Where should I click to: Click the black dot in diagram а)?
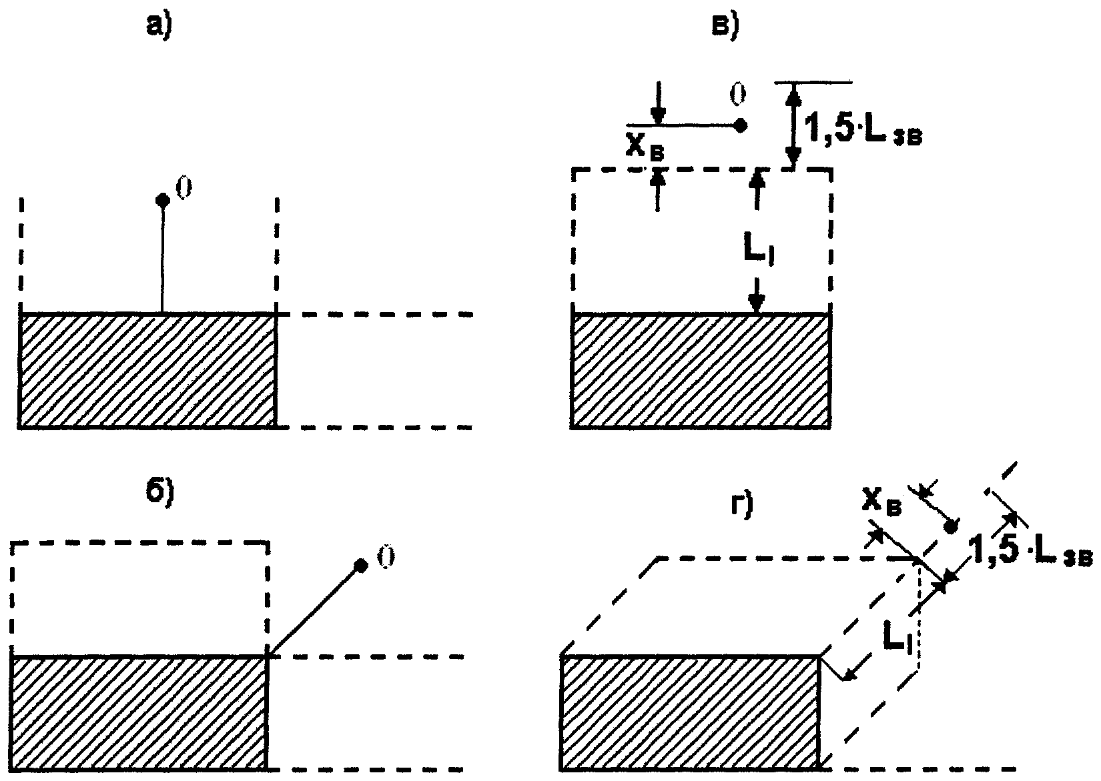click(x=161, y=199)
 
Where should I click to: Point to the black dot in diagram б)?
click(x=361, y=566)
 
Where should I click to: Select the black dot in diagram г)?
click(x=951, y=527)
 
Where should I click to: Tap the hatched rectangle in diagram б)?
click(x=139, y=712)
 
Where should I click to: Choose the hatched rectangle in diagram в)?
click(x=701, y=370)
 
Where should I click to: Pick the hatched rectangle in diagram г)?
click(x=691, y=712)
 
